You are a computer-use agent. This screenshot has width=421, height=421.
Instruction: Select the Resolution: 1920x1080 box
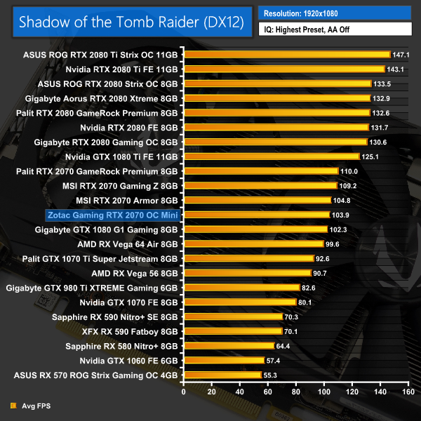tap(335, 13)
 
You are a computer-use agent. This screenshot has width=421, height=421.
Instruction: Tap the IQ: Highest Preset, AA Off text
tap(335, 30)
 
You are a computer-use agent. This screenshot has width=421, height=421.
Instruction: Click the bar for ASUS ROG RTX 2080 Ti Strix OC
tap(286, 54)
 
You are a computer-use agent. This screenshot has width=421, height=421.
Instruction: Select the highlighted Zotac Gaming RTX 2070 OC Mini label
tap(113, 214)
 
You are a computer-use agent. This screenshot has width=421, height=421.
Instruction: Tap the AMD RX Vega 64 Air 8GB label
tap(129, 243)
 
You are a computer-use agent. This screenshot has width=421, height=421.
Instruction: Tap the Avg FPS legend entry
tap(32, 406)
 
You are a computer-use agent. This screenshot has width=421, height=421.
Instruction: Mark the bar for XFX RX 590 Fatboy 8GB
tap(232, 331)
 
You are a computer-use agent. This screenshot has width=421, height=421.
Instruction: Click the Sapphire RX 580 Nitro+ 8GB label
tap(123, 346)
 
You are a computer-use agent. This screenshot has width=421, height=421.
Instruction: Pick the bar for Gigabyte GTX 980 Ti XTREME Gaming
tap(238, 288)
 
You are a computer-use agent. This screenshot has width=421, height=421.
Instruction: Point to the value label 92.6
tap(324, 258)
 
